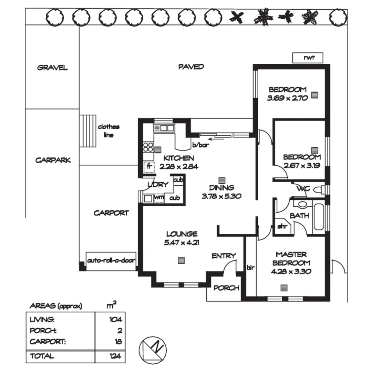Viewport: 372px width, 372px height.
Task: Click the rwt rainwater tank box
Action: (x=308, y=58)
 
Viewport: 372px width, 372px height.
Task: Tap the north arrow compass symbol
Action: (x=153, y=349)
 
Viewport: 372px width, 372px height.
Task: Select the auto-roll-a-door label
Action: (x=111, y=260)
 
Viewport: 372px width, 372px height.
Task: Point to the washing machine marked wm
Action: (x=158, y=198)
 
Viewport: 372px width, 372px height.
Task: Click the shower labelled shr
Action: (x=282, y=226)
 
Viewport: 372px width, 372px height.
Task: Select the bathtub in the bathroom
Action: (x=319, y=217)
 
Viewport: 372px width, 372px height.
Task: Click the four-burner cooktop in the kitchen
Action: (x=148, y=147)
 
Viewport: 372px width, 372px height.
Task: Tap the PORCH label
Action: (x=226, y=288)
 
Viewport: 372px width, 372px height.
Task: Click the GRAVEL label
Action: (x=52, y=68)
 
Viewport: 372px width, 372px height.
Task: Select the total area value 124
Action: (x=115, y=356)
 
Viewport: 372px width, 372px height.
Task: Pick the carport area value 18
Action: (x=118, y=342)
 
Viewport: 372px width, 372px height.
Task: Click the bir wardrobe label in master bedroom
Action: (x=250, y=267)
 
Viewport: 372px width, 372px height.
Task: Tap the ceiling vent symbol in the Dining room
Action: (x=222, y=180)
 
